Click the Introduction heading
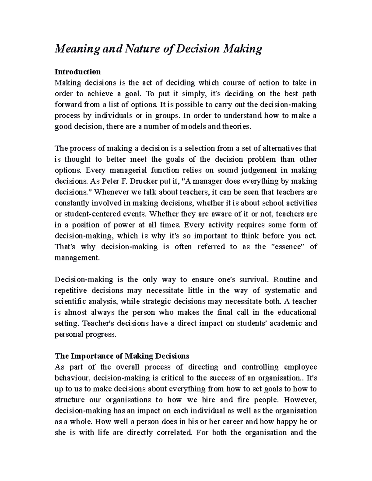click(77, 72)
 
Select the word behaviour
click(72, 378)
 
